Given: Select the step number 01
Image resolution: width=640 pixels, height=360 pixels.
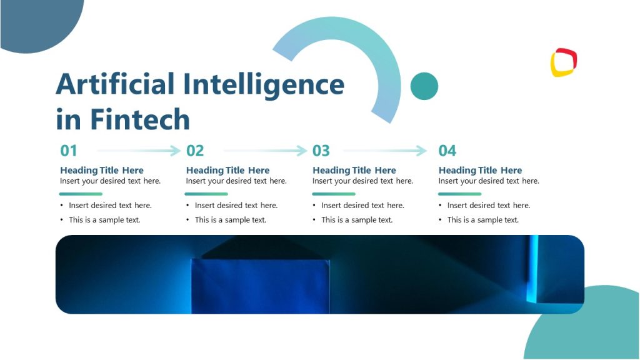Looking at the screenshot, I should [x=69, y=151].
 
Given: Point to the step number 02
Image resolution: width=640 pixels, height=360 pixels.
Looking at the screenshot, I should [x=195, y=151].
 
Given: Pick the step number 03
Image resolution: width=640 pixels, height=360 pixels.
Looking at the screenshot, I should [x=321, y=151].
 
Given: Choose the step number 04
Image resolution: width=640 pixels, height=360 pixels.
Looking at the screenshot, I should [x=447, y=151].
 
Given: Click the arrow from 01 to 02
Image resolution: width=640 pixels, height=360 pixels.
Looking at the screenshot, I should [x=139, y=151].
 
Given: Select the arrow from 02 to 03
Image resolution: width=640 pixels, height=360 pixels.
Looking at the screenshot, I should [x=265, y=151].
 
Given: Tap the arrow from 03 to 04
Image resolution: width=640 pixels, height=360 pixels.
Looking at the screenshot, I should [x=385, y=151].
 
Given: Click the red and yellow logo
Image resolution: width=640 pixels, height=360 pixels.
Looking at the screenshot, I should [x=564, y=62].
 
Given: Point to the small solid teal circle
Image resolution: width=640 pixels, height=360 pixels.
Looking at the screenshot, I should [x=424, y=86].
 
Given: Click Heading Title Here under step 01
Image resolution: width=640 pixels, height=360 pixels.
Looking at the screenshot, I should [x=102, y=170].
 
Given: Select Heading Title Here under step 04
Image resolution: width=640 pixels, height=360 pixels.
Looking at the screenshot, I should [x=480, y=170].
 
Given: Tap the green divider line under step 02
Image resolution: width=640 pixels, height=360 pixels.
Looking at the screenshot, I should [x=206, y=194].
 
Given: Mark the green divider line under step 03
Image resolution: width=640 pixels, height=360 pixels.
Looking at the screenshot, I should [x=334, y=194].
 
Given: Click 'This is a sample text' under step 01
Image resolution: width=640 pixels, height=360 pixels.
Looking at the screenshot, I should [x=104, y=220].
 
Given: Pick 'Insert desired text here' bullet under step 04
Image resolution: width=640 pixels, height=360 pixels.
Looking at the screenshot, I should [x=489, y=206].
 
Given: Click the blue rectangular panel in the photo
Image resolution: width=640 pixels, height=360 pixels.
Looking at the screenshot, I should [x=261, y=286].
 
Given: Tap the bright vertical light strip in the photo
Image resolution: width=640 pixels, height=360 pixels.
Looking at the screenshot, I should [x=534, y=269].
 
